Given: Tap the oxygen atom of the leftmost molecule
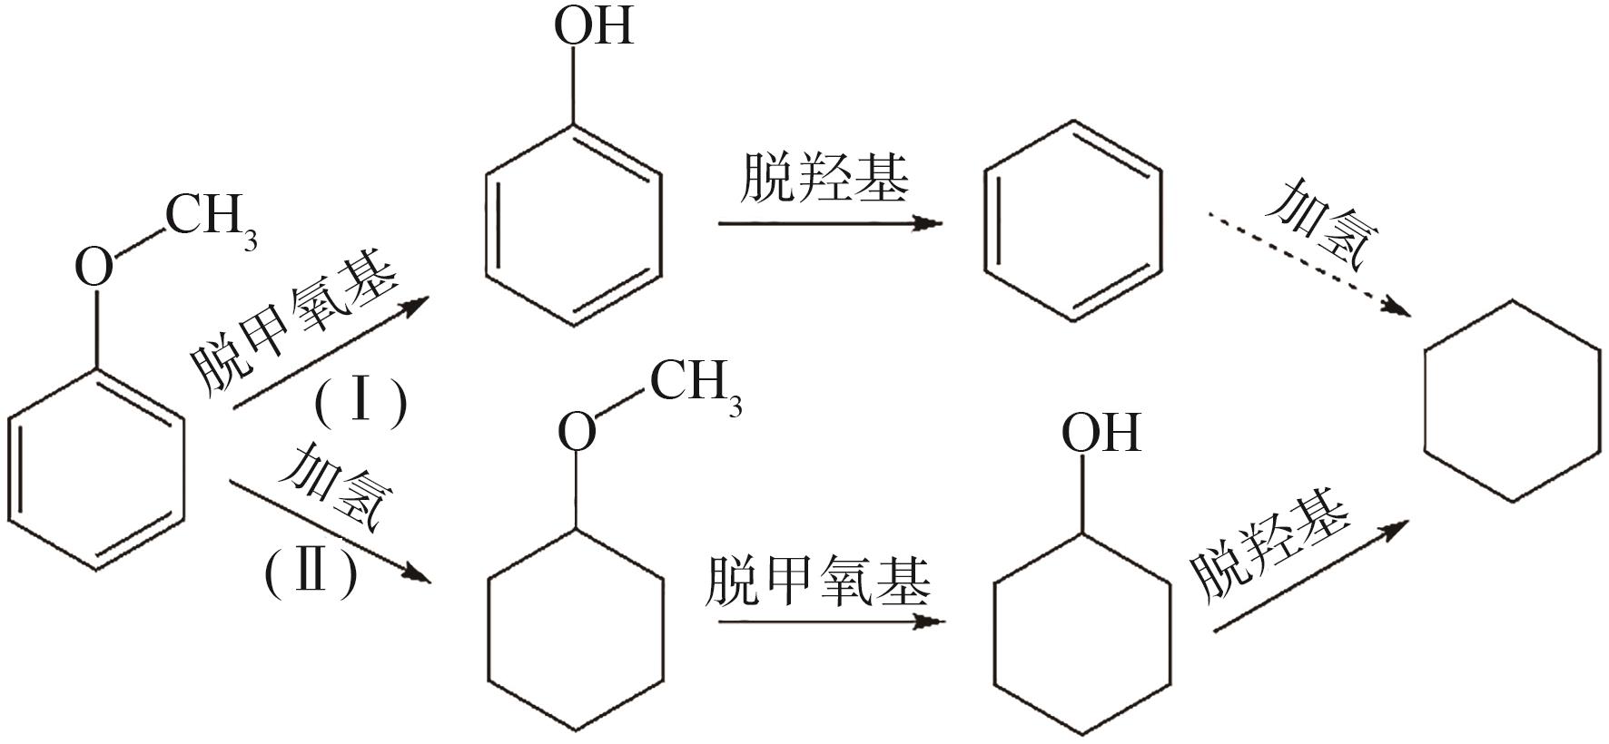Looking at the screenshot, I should pyautogui.click(x=94, y=268).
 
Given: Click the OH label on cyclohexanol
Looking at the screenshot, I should pyautogui.click(x=1101, y=433).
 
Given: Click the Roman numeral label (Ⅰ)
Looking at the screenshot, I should pyautogui.click(x=360, y=402).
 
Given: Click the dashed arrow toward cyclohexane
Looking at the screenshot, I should pyautogui.click(x=1308, y=264).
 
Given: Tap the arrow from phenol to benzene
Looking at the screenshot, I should pyautogui.click(x=830, y=222).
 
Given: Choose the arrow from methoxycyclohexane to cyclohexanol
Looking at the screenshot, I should pyautogui.click(x=830, y=622).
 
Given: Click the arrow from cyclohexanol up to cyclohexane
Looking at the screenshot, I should pyautogui.click(x=1310, y=577).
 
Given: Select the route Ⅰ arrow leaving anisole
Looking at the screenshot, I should pyautogui.click(x=329, y=353).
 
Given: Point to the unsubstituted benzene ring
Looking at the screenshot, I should pyautogui.click(x=1073, y=221).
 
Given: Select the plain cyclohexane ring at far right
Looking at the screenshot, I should pyautogui.click(x=1511, y=401).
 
